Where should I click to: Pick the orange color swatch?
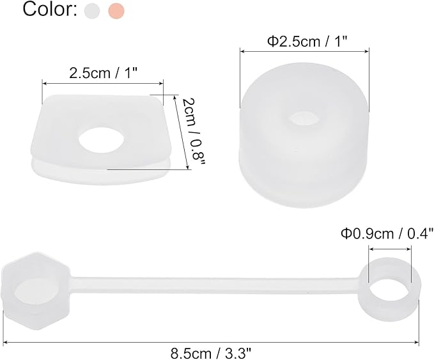[x=116, y=11]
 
